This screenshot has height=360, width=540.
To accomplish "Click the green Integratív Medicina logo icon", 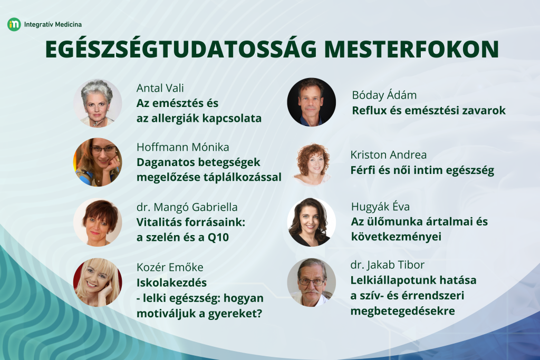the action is [x=14, y=24].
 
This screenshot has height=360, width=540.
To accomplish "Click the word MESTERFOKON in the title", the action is [x=411, y=49].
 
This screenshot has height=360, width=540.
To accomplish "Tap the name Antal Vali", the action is [x=160, y=88].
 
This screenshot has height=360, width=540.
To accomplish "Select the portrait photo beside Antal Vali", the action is [x=98, y=103].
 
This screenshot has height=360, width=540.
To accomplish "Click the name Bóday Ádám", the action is [x=384, y=95].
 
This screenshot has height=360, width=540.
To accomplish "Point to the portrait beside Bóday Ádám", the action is [x=311, y=102].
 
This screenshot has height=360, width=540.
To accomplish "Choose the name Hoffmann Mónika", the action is [x=183, y=147].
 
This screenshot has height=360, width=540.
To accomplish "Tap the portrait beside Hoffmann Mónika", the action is [x=98, y=162].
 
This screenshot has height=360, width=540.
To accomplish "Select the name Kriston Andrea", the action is [x=389, y=155].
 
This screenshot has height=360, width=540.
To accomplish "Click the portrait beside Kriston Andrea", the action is [x=312, y=164].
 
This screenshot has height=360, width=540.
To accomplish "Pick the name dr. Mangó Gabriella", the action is [x=187, y=207].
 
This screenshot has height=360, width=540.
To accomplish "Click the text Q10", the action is [x=218, y=238].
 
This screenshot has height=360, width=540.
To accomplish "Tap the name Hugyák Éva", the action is [x=381, y=207].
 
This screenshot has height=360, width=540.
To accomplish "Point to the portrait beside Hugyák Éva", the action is [x=311, y=222].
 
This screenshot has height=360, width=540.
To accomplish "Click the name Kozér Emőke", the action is [x=170, y=267].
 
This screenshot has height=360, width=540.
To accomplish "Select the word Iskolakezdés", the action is [x=171, y=283].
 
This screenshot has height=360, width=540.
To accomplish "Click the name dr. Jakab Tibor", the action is [x=388, y=265].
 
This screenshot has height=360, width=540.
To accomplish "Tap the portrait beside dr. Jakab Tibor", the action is [x=311, y=282].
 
